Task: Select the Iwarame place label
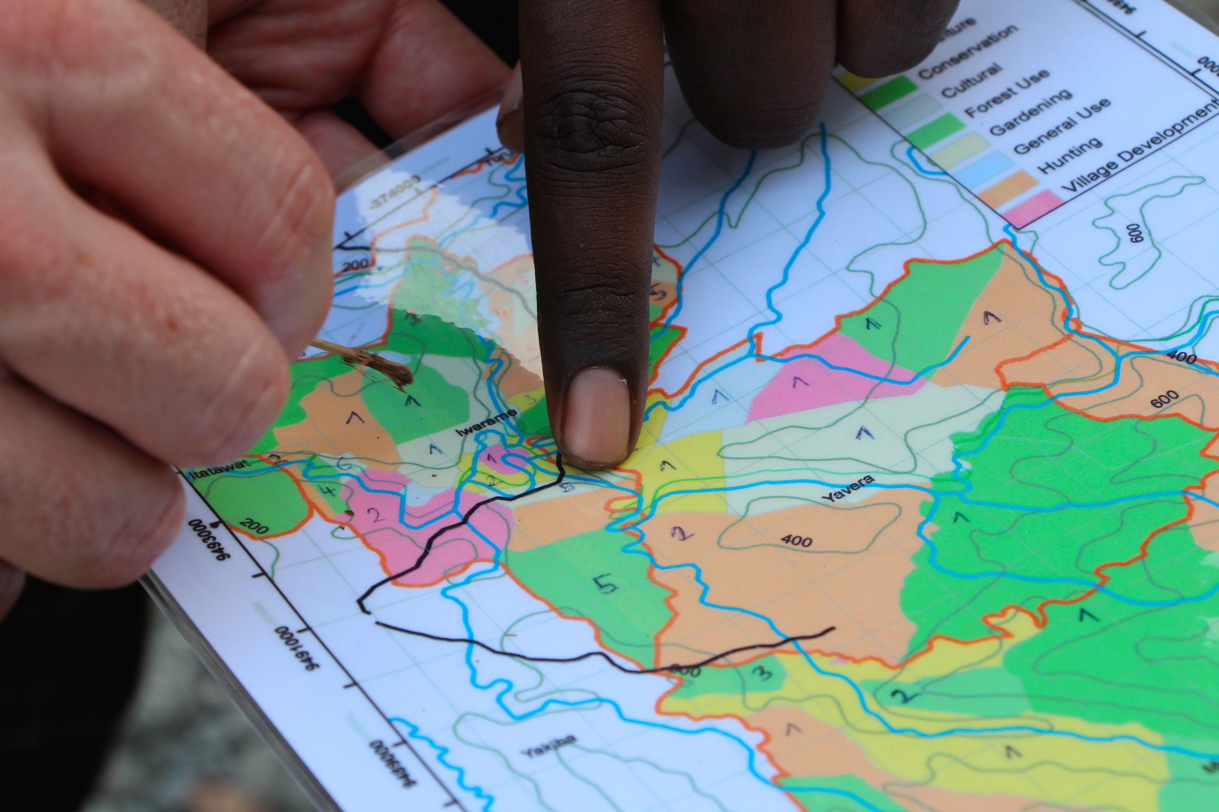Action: click(x=487, y=422)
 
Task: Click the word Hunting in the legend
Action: click(x=1070, y=155)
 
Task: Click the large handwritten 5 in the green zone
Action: click(x=605, y=584)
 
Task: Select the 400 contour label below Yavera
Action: click(x=796, y=540)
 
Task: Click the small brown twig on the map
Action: click(x=373, y=363)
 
